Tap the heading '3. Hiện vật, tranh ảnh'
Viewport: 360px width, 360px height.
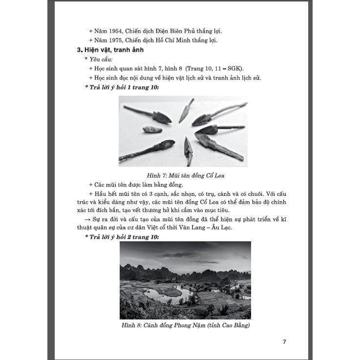pyautogui.click(x=103, y=50)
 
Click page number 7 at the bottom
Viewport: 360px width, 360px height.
pyautogui.click(x=284, y=341)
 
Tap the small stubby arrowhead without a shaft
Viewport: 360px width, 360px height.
pyautogui.click(x=152, y=129)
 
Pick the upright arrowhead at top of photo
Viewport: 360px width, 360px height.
pyautogui.click(x=186, y=110)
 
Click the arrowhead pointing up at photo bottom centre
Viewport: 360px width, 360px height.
pyautogui.click(x=188, y=150)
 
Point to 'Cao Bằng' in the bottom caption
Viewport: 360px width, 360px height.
pyautogui.click(x=231, y=325)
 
